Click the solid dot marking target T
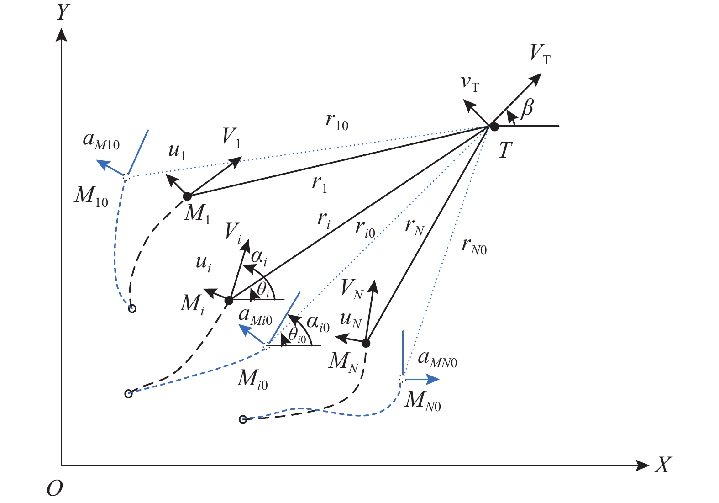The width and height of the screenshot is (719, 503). [494, 126]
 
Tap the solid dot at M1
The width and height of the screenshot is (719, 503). [187, 196]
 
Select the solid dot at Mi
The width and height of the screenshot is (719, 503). [229, 300]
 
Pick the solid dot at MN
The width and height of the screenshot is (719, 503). [366, 343]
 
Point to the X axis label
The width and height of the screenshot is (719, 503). [663, 465]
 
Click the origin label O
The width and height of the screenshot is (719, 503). [54, 489]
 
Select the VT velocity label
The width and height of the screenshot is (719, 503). [540, 54]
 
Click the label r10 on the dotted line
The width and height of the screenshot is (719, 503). [337, 121]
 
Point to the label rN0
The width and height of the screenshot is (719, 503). [474, 246]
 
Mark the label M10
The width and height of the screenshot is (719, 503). [91, 196]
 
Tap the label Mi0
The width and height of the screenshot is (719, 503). [252, 379]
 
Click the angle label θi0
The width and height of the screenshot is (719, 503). [297, 335]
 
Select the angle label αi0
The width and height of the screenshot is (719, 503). [318, 323]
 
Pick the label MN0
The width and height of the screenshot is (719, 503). [423, 401]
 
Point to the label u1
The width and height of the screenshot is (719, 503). [177, 150]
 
